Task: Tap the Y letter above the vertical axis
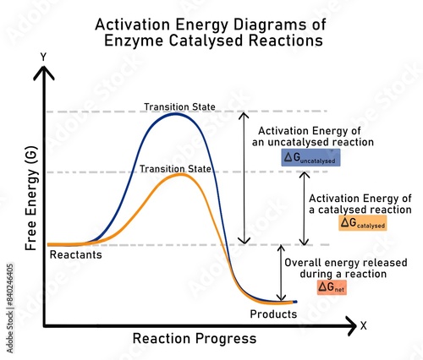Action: click(x=43, y=57)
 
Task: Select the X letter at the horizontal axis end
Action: click(x=363, y=325)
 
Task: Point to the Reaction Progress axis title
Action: click(x=194, y=339)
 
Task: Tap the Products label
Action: click(x=273, y=314)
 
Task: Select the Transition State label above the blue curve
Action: click(x=179, y=106)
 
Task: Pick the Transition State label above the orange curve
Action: click(x=176, y=169)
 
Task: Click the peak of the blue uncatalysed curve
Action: click(x=176, y=113)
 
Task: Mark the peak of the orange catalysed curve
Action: click(x=179, y=174)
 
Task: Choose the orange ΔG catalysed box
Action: click(x=362, y=223)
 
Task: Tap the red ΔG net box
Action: click(x=332, y=287)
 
